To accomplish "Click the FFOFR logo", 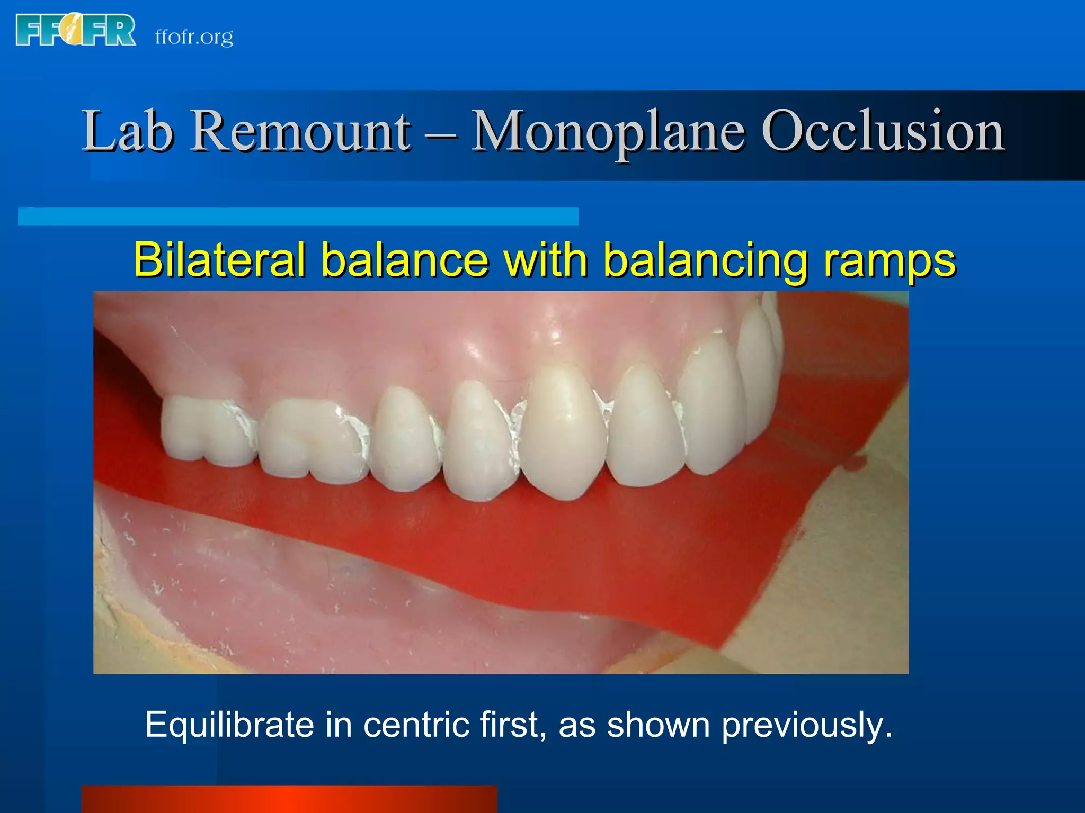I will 75,31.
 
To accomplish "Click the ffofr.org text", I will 194,37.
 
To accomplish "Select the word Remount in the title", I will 300,131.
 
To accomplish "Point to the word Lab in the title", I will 127,131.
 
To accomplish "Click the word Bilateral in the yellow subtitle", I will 219,259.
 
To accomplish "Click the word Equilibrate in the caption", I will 229,725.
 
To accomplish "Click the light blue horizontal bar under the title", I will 298,216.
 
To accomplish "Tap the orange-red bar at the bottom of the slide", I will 289,799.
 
